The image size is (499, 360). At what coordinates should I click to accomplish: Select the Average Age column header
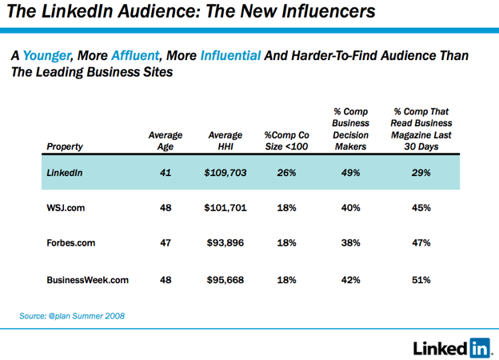[165, 141]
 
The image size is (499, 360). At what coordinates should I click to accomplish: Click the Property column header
[65, 146]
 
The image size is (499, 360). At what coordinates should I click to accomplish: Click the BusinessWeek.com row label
[87, 280]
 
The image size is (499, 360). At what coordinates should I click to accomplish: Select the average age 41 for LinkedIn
[165, 173]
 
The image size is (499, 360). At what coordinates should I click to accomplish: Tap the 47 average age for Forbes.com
[165, 243]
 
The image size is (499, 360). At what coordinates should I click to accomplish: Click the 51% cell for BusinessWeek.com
[421, 280]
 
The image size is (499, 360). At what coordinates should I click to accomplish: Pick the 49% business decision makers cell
[350, 173]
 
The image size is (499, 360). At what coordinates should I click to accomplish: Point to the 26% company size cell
[286, 173]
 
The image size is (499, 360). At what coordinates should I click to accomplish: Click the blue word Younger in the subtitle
[47, 57]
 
